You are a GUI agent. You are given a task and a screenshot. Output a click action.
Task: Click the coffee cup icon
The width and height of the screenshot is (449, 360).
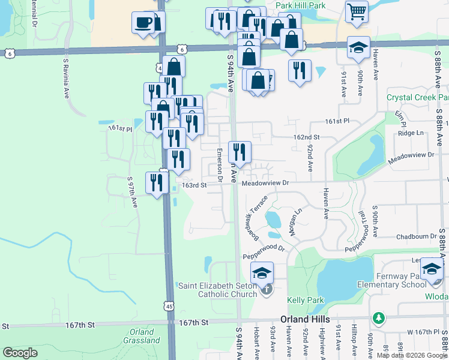(143, 23)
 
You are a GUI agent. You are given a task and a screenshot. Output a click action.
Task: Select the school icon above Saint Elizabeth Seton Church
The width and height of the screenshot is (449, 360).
(262, 273)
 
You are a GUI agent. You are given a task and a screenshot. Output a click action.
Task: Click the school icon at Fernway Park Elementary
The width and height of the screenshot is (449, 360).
(431, 268)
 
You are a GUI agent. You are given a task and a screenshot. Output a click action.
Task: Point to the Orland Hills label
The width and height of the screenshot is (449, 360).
(306, 321)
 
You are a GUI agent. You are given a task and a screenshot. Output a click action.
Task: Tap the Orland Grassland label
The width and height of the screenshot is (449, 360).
(142, 337)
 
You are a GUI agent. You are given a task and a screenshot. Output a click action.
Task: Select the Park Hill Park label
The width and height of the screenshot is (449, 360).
(300, 5)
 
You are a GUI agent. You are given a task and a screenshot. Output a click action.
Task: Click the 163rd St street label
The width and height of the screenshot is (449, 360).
(194, 185)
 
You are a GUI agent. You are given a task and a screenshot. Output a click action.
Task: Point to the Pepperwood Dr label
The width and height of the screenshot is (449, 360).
(263, 256)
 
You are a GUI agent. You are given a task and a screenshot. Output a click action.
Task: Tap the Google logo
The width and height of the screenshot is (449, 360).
(20, 353)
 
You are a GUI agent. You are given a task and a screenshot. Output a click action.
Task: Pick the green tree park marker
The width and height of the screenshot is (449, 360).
(378, 316)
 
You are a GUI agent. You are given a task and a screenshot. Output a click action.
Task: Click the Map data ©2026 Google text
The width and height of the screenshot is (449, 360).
(412, 355)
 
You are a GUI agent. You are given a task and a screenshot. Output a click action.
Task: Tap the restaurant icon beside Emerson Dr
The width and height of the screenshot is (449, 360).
(240, 152)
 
